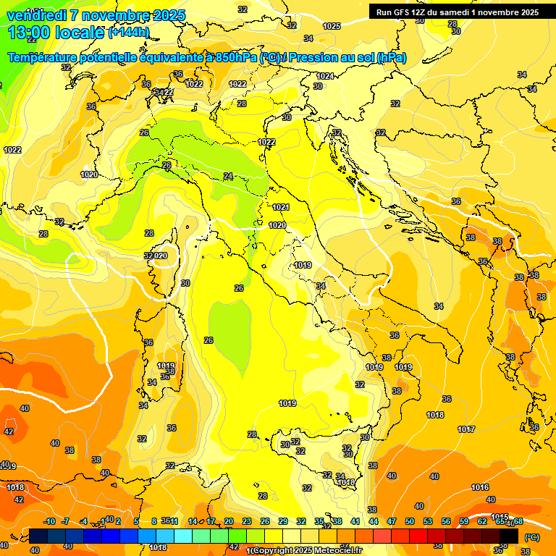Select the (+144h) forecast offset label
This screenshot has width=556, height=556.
tap(128, 33)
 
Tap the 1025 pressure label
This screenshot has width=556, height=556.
tap(332, 26)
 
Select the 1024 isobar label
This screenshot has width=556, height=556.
tap(326, 76)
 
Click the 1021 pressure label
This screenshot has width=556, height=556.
tap(281, 208)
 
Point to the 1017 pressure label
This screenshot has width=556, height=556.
tap(466, 429)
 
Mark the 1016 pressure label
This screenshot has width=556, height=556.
tap(480, 487)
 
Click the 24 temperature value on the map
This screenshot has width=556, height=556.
tap(228, 176)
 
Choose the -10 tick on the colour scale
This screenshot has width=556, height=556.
tap(49, 521)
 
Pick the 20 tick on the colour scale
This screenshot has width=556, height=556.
tap(229, 521)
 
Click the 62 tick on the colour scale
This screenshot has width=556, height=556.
tap(482, 521)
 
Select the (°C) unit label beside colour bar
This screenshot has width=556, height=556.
tap(531, 536)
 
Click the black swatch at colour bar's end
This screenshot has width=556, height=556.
tap(509, 536)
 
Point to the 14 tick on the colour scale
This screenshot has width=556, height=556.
tap(193, 521)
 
